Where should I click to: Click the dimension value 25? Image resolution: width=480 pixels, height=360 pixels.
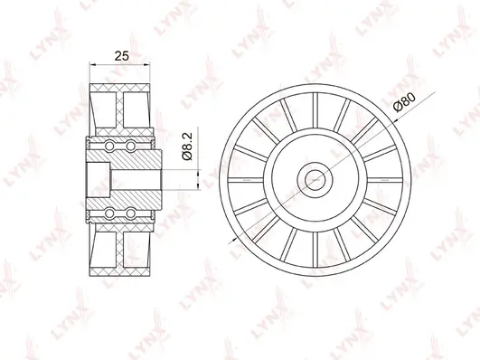[x=121, y=56]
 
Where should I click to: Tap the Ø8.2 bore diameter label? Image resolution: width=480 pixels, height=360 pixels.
[x=187, y=147]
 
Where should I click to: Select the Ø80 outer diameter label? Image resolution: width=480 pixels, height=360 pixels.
[x=404, y=102]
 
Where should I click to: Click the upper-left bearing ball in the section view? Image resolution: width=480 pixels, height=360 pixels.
[x=109, y=145]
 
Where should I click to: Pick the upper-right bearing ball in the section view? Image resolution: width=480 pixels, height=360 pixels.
[x=131, y=145]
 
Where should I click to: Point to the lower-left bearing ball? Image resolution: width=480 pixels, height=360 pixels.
[x=109, y=213]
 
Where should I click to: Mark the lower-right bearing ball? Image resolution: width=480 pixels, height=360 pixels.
[x=131, y=213]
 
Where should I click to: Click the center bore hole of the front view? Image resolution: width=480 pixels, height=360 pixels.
[x=315, y=179]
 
